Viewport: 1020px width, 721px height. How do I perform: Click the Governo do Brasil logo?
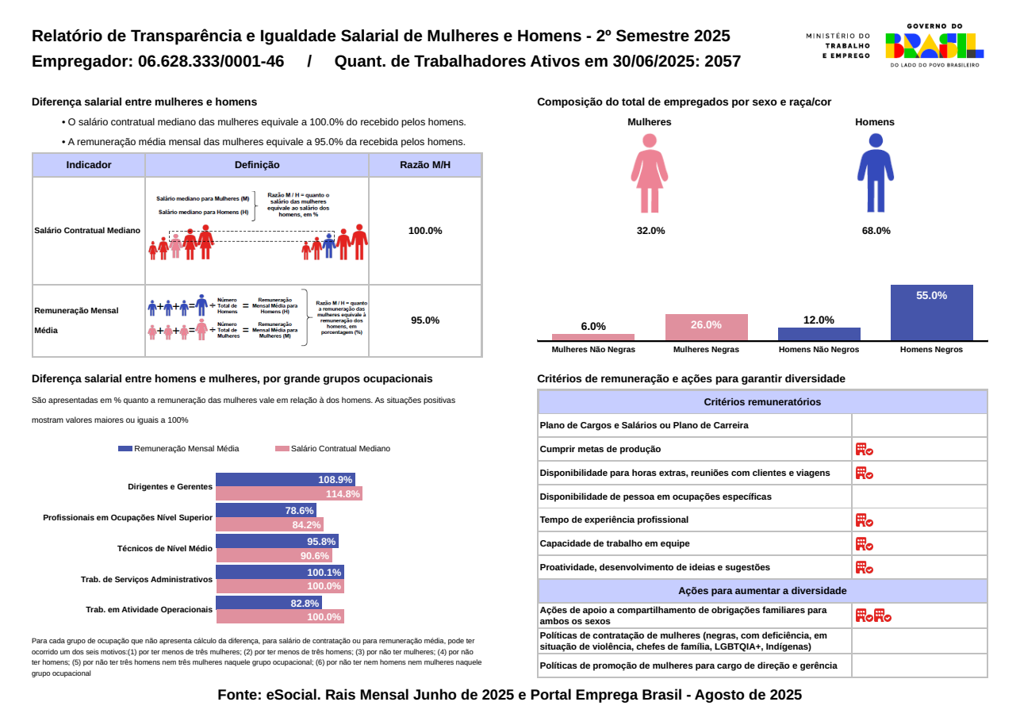pyautogui.click(x=934, y=46)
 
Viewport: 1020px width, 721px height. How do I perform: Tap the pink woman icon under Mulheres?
pyautogui.click(x=650, y=173)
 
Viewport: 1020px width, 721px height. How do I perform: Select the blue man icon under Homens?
pyautogui.click(x=876, y=173)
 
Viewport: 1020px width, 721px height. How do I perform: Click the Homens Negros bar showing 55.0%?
pyautogui.click(x=931, y=313)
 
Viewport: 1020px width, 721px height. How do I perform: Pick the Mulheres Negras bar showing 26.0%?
pyautogui.click(x=706, y=327)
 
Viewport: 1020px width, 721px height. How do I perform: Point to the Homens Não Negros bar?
pyautogui.click(x=819, y=334)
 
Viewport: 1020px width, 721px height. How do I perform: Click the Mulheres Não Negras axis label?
pyautogui.click(x=593, y=350)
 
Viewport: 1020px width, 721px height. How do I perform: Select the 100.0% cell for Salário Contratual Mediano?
pyautogui.click(x=425, y=231)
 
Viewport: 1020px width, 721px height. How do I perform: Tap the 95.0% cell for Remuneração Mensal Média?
pyautogui.click(x=425, y=320)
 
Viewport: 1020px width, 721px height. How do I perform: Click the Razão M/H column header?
pyautogui.click(x=425, y=165)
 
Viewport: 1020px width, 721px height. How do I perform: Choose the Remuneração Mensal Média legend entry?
pyautogui.click(x=178, y=449)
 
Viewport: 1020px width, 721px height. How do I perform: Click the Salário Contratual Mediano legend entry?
pyautogui.click(x=333, y=449)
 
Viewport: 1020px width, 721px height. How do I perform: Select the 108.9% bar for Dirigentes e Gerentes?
pyautogui.click(x=286, y=480)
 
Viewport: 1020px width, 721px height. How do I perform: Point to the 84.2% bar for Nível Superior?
pyautogui.click(x=270, y=525)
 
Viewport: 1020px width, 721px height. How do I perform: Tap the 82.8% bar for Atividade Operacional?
pyautogui.click(x=269, y=603)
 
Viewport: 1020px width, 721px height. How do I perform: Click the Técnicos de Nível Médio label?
pyautogui.click(x=165, y=548)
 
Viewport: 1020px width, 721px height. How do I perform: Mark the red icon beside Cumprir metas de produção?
pyautogui.click(x=864, y=449)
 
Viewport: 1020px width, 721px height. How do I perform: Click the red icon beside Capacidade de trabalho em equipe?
pyautogui.click(x=864, y=544)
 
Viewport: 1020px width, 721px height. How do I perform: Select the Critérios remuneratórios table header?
pyautogui.click(x=762, y=402)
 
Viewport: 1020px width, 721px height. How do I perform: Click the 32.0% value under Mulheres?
pyautogui.click(x=650, y=231)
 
